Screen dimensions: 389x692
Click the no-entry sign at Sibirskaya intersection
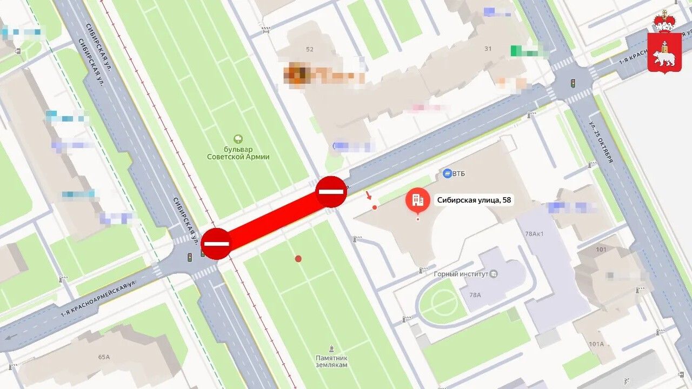[x=216, y=244]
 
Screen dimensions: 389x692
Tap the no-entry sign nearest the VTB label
[x=331, y=191]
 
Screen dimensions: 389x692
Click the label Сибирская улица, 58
[x=474, y=200]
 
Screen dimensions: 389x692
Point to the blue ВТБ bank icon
[x=447, y=173]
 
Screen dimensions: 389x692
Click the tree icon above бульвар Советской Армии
[x=238, y=139]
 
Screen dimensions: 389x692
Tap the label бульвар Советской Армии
[x=238, y=153]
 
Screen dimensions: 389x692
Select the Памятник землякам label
[x=331, y=361]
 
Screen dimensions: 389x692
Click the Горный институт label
[x=461, y=274]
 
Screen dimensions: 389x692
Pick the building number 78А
[x=475, y=295]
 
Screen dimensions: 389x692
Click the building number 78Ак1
[x=534, y=234]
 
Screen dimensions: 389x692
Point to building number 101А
[x=596, y=344]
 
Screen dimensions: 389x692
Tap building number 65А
[x=104, y=357]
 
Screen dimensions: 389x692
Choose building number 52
[x=309, y=50]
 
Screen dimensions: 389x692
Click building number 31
[x=488, y=49]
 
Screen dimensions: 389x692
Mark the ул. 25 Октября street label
[x=601, y=142]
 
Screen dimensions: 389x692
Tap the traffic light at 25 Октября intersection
[x=573, y=83]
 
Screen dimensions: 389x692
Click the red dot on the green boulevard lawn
[x=298, y=259]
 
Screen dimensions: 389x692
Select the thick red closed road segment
[x=274, y=217]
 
